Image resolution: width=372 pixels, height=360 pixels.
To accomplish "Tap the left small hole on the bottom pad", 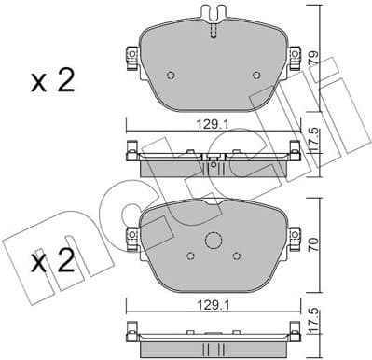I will pos(188,253).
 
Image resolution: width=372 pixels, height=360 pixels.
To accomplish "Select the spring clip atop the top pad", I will pos(214,18).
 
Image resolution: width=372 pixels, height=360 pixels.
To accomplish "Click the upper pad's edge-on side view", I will pos(214,164).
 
